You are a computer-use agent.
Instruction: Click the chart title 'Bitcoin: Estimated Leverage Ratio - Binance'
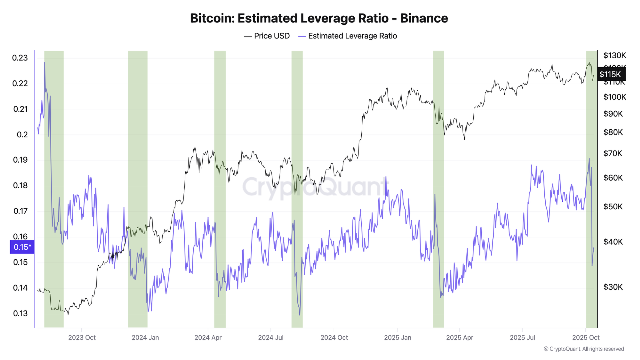pos(319,18)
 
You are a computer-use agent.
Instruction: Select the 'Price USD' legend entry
pos(267,36)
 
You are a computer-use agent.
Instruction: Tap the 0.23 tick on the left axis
pos(20,58)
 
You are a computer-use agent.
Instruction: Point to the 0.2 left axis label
pos(22,135)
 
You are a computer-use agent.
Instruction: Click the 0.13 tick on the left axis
pos(20,314)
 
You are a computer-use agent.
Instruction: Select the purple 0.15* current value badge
pos(22,247)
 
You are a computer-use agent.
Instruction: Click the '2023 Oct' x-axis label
pos(82,338)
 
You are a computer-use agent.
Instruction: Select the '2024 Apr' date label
pos(208,338)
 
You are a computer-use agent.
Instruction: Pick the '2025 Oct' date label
pos(586,338)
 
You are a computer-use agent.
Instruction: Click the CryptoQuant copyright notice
pos(583,349)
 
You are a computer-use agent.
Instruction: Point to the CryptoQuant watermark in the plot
pos(315,187)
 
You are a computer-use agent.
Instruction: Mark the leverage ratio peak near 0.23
pos(45,63)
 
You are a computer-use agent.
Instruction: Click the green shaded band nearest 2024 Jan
pos(138,190)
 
